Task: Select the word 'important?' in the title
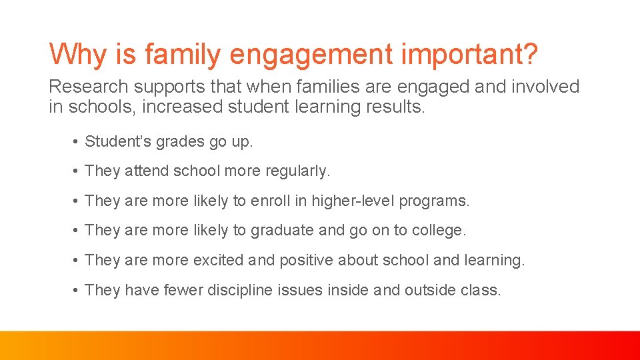click(x=469, y=55)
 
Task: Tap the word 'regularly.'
click(x=297, y=171)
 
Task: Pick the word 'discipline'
click(x=239, y=290)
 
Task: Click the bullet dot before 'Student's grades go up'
click(x=77, y=142)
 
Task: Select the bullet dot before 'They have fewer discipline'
click(x=77, y=290)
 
